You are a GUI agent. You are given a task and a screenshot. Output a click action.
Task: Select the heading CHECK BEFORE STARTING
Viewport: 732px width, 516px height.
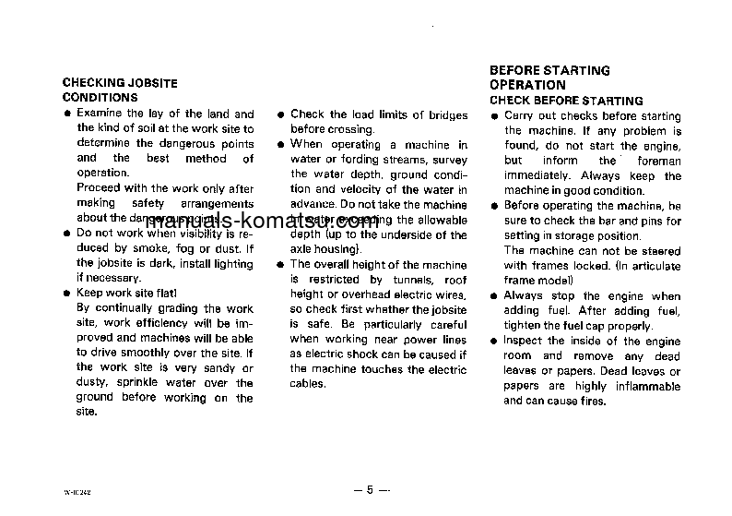click(x=566, y=101)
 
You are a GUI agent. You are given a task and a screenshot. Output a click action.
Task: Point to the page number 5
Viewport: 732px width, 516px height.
click(x=370, y=489)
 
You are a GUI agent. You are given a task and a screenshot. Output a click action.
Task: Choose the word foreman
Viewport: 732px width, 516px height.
click(x=660, y=161)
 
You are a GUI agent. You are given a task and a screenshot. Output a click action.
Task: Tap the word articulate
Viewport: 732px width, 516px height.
click(x=651, y=266)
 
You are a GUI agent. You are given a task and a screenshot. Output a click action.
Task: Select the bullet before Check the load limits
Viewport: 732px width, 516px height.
click(x=279, y=115)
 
